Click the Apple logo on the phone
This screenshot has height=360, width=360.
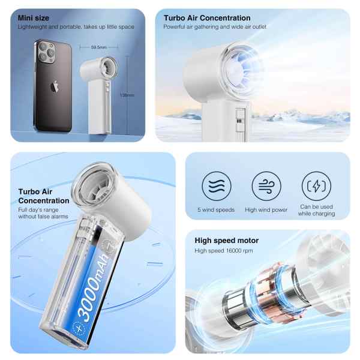click(55, 87)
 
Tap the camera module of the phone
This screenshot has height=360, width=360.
click(47, 52)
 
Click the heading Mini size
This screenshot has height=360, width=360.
click(33, 18)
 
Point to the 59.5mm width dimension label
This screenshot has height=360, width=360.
click(98, 47)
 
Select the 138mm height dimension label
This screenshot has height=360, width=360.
click(127, 95)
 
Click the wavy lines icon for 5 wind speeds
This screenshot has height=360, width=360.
click(217, 186)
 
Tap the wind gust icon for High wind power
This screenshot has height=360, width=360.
click(266, 186)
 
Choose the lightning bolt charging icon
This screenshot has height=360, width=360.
click(316, 186)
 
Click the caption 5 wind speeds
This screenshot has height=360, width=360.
click(216, 209)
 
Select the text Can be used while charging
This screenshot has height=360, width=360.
click(316, 210)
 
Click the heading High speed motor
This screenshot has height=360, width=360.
click(227, 241)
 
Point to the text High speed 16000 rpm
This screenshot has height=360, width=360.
click(224, 251)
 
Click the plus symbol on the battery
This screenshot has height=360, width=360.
click(79, 329)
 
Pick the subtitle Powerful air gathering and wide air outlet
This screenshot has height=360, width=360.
click(215, 27)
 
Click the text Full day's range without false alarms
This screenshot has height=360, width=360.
click(43, 213)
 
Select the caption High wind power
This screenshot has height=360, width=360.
click(266, 209)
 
